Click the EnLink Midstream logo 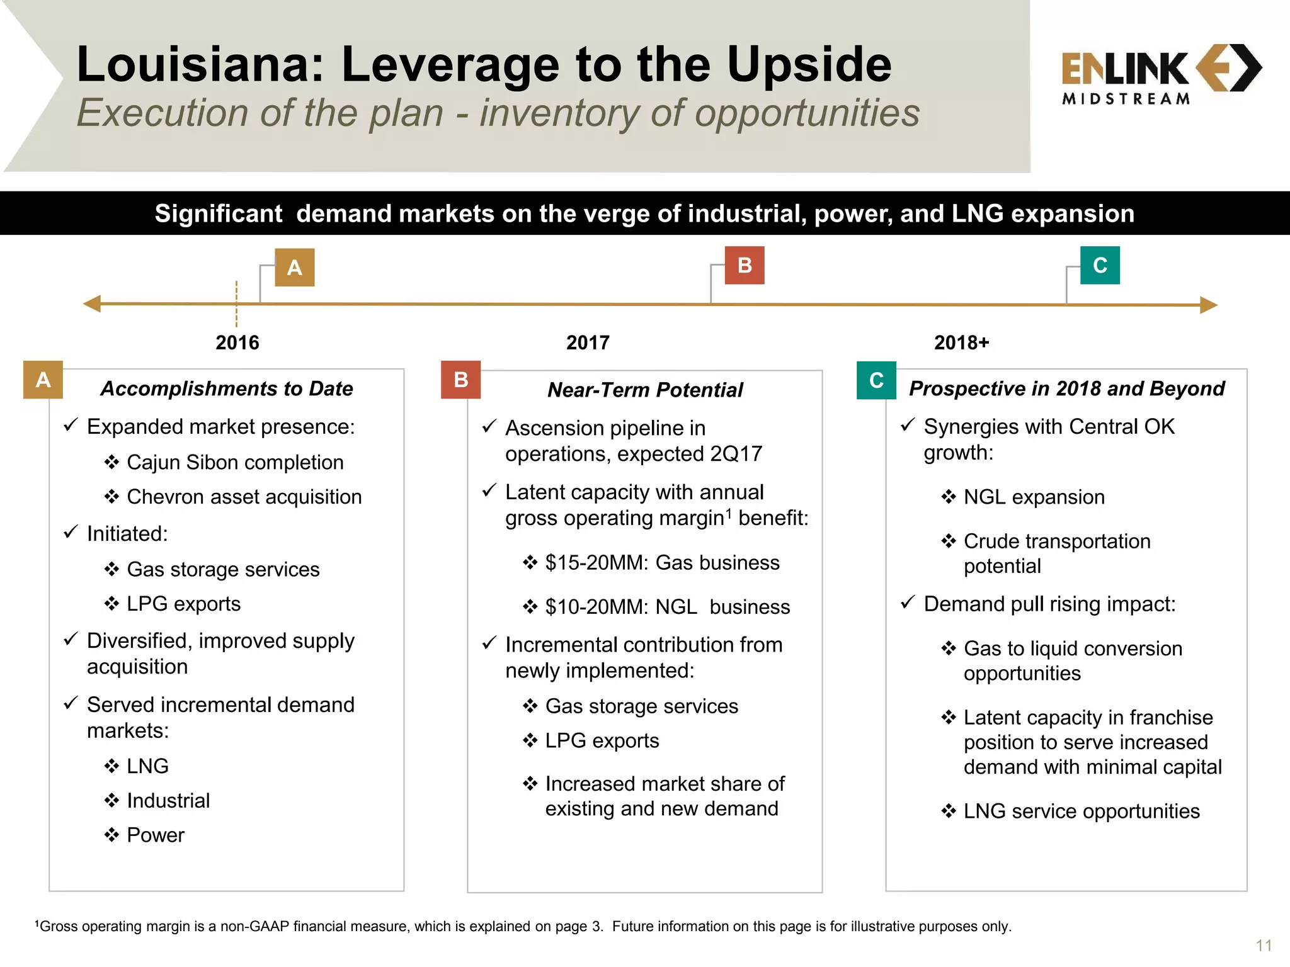pos(1160,74)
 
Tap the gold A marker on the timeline pos(294,268)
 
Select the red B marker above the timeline pos(744,265)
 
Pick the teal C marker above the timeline pos(1100,265)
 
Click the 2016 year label pos(237,342)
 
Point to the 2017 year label pos(588,342)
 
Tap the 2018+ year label pos(961,342)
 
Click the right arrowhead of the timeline pos(1208,305)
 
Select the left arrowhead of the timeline pos(93,304)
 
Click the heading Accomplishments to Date pos(227,388)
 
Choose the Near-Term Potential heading pos(645,390)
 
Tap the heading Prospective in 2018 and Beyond pos(1066,388)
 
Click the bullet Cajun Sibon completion pos(235,462)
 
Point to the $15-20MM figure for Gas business pos(596,562)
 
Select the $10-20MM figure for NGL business pos(596,607)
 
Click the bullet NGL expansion pos(1034,497)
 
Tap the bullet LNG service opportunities pos(1081,811)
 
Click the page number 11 pos(1264,946)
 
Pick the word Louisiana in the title pos(200,64)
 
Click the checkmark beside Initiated pos(71,533)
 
